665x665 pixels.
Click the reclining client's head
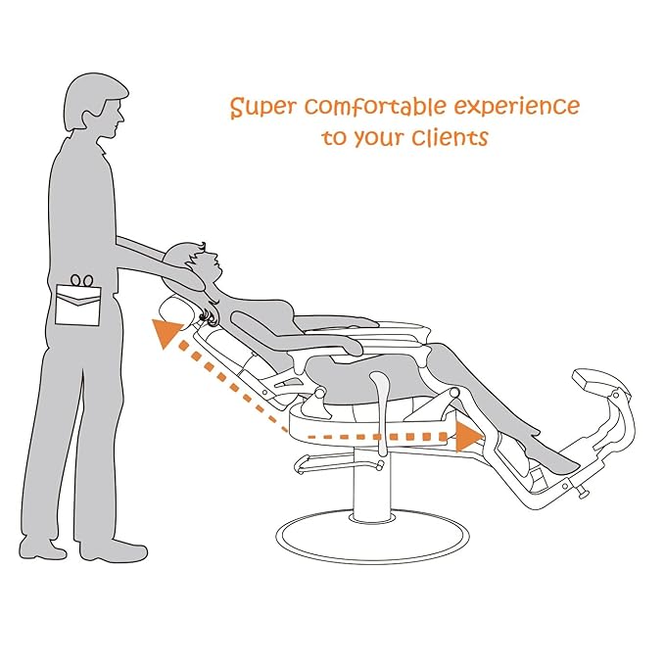[x=204, y=262]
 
